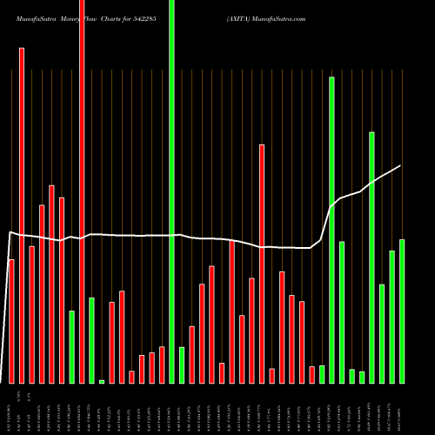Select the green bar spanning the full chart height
coord(171,191)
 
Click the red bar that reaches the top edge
coord(82,191)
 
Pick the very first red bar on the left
coord(11,321)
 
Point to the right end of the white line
coord(400,165)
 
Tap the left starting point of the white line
coord(10,232)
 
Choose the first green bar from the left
coord(72,347)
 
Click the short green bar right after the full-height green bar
coord(182,365)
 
